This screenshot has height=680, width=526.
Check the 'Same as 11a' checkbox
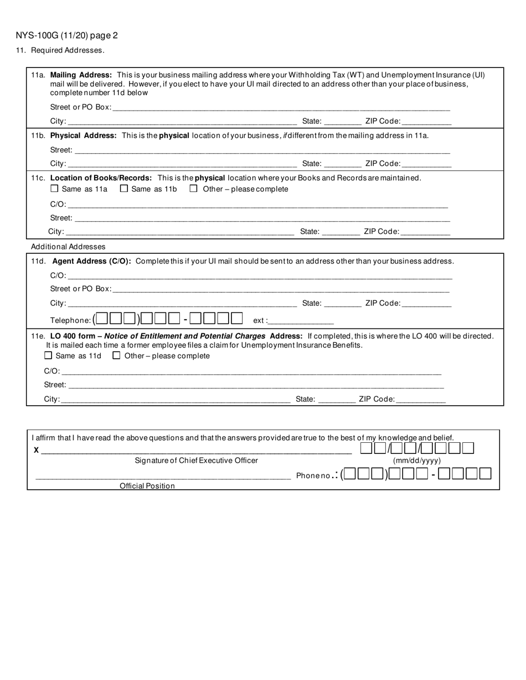pos(54,189)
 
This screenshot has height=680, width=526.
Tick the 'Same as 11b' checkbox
pos(124,189)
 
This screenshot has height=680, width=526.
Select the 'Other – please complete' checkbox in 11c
pos(194,189)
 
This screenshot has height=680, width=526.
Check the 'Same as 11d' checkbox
pos(48,355)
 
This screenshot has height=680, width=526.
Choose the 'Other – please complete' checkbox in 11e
pos(116,355)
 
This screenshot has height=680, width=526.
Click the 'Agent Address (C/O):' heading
pos(91,261)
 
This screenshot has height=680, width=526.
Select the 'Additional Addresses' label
pos(68,247)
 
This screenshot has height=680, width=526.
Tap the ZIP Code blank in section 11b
pos(426,164)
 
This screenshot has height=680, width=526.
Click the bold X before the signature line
pos(37,450)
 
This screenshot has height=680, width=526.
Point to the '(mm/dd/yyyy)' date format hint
pos(417,461)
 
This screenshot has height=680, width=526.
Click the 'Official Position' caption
pos(147,486)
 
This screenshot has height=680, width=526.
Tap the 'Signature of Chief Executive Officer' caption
pos(196,461)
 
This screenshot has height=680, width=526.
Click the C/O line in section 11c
pos(257,205)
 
